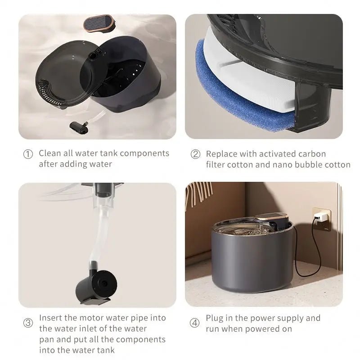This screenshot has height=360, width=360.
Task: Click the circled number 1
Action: [28, 154]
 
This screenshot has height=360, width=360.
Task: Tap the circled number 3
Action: [28, 323]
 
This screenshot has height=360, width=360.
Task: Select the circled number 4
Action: [195, 323]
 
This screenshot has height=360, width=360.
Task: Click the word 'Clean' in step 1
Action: [49, 153]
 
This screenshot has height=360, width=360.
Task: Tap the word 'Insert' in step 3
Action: [50, 318]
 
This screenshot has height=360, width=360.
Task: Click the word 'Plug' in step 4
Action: [215, 318]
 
